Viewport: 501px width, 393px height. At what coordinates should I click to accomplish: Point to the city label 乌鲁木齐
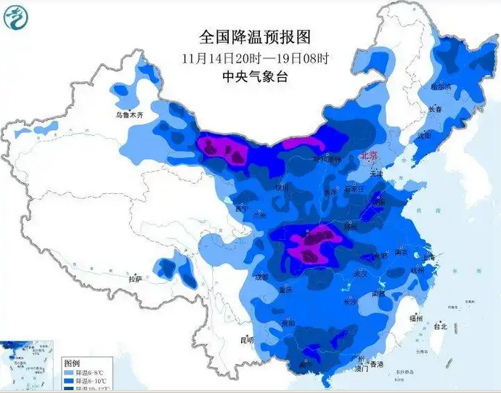tap(130, 115)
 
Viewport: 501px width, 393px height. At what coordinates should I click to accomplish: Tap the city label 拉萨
tap(135, 279)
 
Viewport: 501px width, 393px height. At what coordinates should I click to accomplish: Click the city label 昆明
tap(248, 340)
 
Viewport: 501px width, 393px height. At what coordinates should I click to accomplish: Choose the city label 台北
tap(440, 327)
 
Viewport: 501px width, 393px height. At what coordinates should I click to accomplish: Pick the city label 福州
tap(416, 318)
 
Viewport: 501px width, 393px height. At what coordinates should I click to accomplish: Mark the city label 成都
tap(262, 277)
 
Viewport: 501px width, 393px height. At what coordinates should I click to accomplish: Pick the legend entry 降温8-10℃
tap(86, 381)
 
